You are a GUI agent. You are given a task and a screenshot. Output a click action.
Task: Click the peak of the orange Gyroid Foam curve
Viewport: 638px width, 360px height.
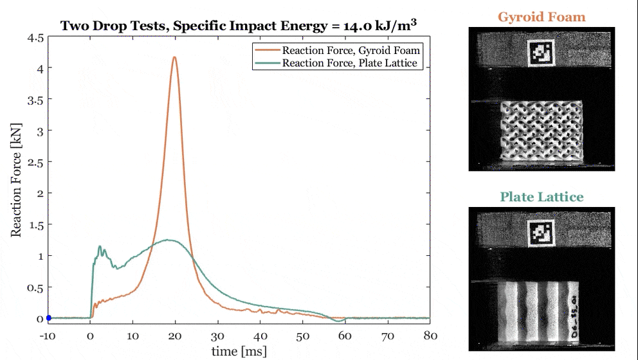click(174, 57)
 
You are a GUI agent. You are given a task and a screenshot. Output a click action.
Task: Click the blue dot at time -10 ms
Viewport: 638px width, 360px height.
click(48, 318)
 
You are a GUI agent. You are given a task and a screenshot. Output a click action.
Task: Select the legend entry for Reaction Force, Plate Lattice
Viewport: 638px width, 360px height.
click(341, 63)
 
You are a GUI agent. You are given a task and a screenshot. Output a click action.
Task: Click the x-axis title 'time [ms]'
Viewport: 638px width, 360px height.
click(239, 351)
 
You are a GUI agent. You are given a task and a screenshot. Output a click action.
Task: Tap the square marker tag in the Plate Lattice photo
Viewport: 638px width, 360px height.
click(541, 233)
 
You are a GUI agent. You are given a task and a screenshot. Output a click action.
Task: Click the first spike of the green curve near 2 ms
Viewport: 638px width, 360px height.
click(99, 246)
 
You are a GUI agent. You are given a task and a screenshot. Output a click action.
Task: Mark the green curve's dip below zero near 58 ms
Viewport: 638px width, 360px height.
click(336, 321)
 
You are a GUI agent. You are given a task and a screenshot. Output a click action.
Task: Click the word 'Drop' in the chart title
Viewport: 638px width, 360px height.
click(116, 26)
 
